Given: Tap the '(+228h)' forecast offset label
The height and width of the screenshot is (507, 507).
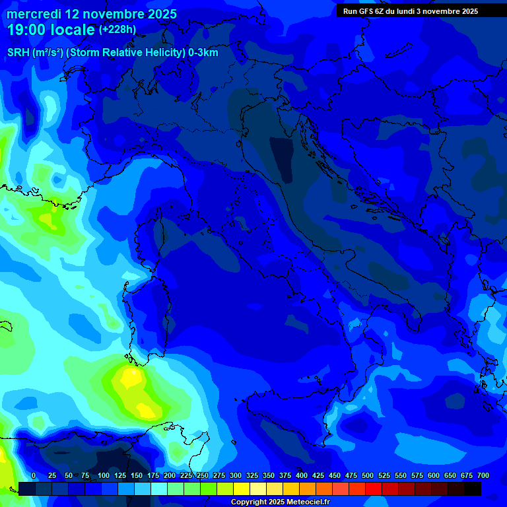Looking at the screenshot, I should click(x=118, y=30).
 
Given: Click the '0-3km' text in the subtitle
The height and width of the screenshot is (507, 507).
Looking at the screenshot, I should click(x=203, y=53).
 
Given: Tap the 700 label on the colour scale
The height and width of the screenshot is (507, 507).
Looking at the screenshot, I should click(x=483, y=476).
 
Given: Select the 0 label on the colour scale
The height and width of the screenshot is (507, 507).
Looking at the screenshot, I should click(x=34, y=476).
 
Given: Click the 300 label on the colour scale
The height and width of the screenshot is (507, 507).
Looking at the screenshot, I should click(x=235, y=476).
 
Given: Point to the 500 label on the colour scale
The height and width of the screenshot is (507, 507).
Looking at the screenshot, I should click(x=367, y=476).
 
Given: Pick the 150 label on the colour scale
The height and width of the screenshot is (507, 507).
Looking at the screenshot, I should click(x=136, y=476).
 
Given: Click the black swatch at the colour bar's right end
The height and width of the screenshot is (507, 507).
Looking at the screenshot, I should click(x=473, y=489).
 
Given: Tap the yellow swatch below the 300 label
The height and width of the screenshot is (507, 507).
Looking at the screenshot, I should click(x=242, y=489).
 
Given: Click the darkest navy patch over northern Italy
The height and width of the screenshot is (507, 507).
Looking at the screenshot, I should click(x=282, y=158).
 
